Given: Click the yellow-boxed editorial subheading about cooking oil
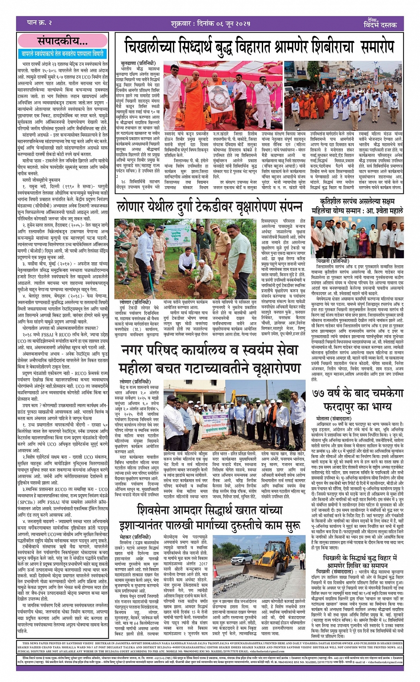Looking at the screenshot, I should click(62, 53).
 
